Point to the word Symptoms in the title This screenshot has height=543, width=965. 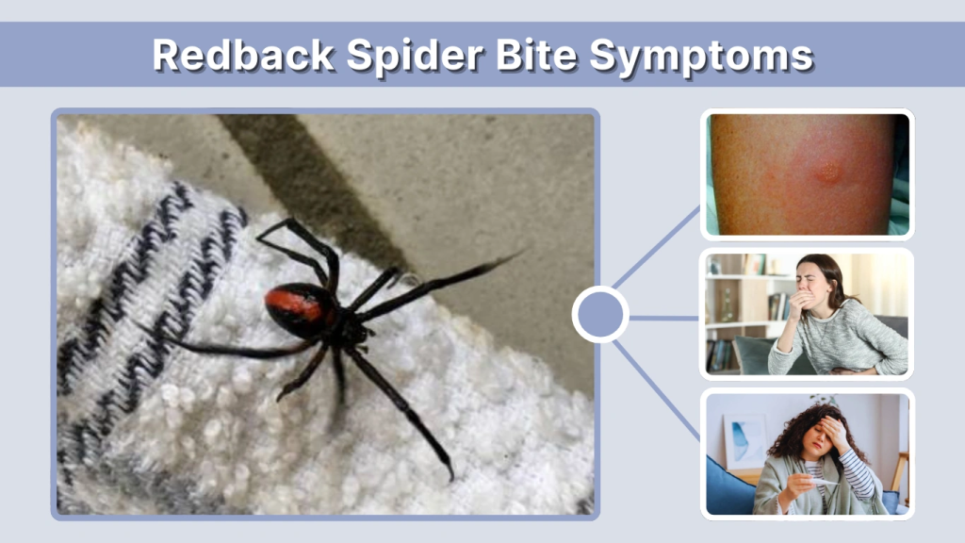[702, 56]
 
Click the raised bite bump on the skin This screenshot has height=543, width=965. [827, 172]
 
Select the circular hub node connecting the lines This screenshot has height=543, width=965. [600, 314]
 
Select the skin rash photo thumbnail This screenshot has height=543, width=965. [807, 173]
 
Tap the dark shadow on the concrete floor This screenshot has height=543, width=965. [311, 179]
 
